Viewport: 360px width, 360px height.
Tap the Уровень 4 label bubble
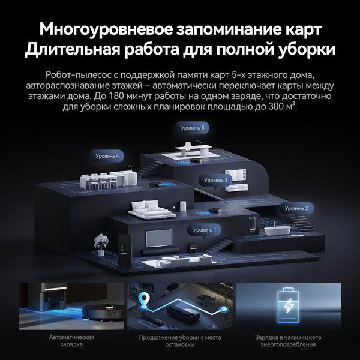(x=107, y=156)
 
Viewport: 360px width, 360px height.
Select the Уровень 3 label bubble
(x=216, y=180)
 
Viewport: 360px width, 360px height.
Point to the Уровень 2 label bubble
(x=296, y=208)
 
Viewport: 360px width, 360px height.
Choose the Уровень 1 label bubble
(x=204, y=230)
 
